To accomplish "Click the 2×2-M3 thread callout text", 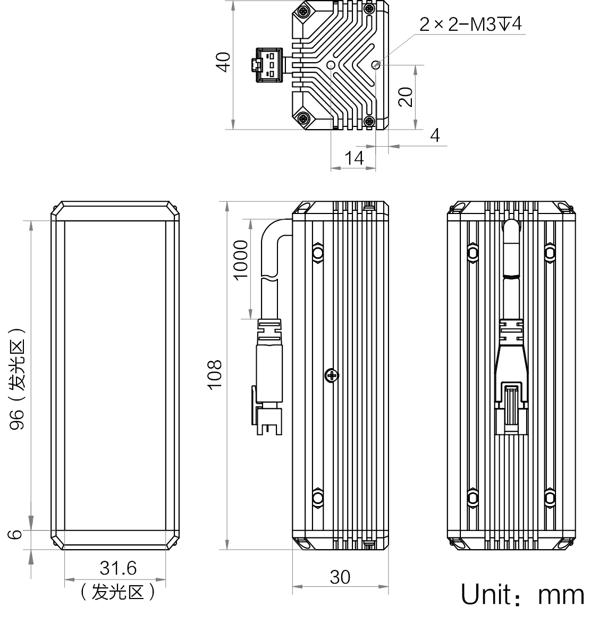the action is pos(470,24).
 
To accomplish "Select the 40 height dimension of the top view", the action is pos(224,62).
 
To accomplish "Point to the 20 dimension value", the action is pos(406,97).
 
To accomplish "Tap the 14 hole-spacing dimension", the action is pos(353,158).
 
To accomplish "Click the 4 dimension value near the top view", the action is pos(435,135).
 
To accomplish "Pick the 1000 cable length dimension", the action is pos(241,260).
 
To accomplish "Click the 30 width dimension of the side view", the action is pos(340,577).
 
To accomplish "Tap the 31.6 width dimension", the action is pos(118,568).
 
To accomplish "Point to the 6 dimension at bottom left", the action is pos(15,534).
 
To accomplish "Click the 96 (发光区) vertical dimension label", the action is pos(18,379).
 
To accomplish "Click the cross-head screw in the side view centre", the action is pos(332,375).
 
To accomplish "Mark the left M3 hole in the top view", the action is pos(331,65).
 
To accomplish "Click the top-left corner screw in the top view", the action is pos(303,11).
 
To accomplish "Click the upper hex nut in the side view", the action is pos(317,252).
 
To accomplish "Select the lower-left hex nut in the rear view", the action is pos(473,498).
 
